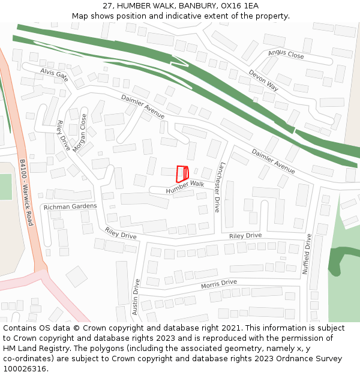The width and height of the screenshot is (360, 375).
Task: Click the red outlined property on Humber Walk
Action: (x=182, y=173)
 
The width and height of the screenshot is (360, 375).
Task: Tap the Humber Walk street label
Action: (x=185, y=187)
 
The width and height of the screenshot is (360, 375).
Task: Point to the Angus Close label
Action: (x=286, y=55)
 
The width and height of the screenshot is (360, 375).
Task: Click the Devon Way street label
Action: (x=263, y=80)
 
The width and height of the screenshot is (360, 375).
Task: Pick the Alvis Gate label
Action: (x=54, y=75)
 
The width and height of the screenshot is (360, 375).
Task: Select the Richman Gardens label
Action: (x=70, y=206)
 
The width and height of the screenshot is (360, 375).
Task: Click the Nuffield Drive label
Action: (x=307, y=254)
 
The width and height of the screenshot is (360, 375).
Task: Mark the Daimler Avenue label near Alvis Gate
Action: (x=143, y=106)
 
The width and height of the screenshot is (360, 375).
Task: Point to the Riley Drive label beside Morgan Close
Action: (x=64, y=135)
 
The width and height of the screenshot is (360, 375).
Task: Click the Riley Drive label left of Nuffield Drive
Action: (x=245, y=236)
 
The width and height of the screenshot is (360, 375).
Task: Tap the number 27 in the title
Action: (x=107, y=5)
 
